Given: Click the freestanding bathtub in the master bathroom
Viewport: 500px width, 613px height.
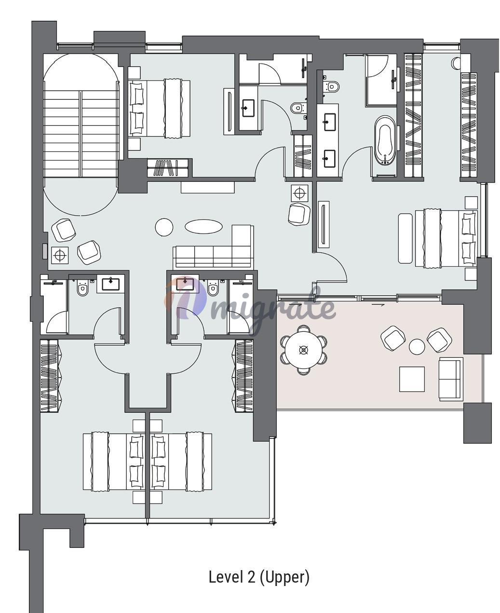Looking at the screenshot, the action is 385,141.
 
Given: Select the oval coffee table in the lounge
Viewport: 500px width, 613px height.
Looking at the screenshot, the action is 203,226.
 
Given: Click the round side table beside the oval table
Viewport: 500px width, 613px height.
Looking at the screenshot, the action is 164,227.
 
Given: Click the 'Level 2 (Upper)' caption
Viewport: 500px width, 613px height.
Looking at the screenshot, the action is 259,577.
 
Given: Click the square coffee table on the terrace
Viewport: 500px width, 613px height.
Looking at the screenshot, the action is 412,379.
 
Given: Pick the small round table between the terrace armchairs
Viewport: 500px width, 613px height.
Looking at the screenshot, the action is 417,347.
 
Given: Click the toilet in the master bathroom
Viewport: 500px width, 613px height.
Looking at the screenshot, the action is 332,86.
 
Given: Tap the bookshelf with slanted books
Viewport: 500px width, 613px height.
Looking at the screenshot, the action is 168,168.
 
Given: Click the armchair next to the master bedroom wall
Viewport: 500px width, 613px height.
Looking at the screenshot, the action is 299,214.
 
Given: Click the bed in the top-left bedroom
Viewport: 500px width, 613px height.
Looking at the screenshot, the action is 159,108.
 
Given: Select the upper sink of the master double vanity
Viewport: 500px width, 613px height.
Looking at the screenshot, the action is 329,118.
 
